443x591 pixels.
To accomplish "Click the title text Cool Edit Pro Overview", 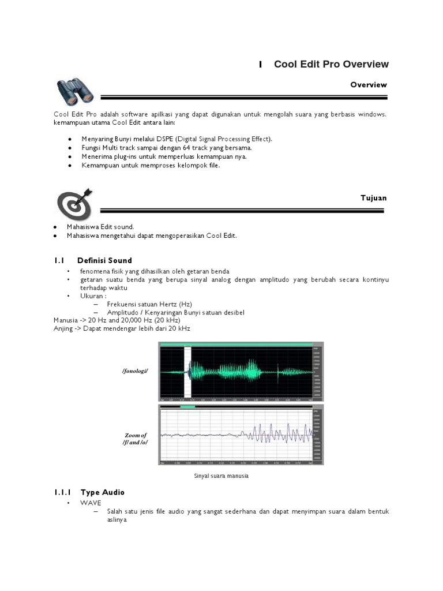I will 331,65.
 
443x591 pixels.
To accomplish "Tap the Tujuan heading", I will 373,198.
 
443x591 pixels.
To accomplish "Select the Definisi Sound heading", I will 104,260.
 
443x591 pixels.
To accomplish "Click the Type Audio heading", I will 102,492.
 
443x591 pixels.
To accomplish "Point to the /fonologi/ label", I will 135,371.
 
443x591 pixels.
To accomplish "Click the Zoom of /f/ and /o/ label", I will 136,439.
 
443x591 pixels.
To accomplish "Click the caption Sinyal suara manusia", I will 220,477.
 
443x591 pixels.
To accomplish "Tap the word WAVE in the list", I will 91,503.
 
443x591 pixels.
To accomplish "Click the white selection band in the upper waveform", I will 187,369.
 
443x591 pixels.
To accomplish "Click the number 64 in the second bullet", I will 185,148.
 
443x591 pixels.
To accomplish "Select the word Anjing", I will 63,328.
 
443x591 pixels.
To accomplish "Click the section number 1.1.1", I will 62,492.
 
